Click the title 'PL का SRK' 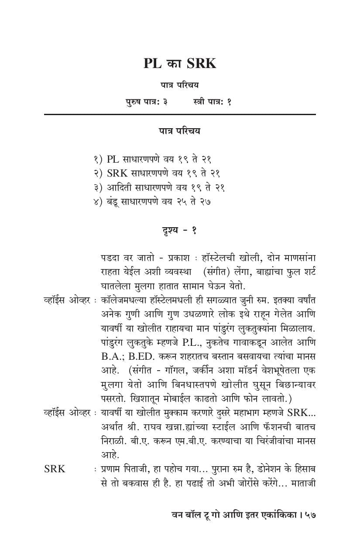click(180, 64)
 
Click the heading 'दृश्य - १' click(179, 231)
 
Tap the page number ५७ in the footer click(310, 515)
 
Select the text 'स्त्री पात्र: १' click(212, 102)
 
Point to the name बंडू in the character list click(113, 202)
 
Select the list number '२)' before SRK click(98, 173)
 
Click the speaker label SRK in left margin click(55, 469)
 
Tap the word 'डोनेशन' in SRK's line click(267, 469)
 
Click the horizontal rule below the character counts click(180, 114)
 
